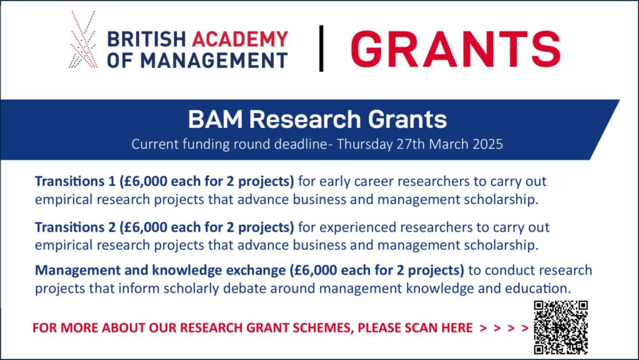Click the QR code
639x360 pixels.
pos(561,327)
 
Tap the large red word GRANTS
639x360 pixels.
pos(455,49)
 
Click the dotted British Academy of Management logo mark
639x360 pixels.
pos(83,39)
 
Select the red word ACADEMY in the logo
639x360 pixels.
pos(240,39)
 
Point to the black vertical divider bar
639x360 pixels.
pos(321,49)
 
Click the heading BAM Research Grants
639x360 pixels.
pos(318,120)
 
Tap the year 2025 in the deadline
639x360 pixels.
pos(488,144)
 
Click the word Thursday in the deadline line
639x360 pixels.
pos(364,145)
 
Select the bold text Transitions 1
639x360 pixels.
pos(76,181)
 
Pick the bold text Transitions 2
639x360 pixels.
pos(76,227)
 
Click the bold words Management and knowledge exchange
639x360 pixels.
pos(160,270)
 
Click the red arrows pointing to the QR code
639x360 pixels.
pos(504,328)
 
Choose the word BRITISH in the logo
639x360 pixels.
pos(146,39)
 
